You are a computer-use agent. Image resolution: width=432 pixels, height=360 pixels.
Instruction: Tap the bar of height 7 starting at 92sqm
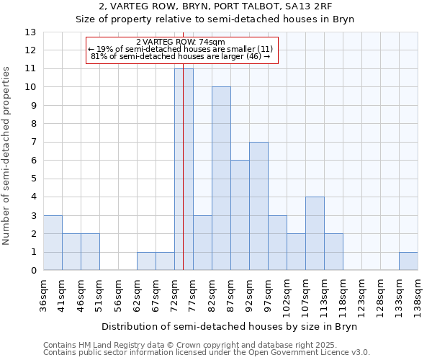[258, 206]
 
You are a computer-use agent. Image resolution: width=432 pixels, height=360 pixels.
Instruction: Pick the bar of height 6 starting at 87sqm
[240, 215]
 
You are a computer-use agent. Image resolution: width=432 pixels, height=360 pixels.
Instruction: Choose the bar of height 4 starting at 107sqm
[315, 233]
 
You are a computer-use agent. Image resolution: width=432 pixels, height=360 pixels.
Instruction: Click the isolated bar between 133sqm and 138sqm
[408, 261]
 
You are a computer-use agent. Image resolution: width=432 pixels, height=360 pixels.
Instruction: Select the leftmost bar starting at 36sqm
[53, 243]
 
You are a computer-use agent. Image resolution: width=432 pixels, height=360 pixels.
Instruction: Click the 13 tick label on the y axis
[30, 32]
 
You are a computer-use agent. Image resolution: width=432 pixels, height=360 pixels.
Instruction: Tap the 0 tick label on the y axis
[33, 271]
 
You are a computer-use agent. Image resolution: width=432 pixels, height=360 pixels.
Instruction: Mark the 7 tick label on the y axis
[33, 143]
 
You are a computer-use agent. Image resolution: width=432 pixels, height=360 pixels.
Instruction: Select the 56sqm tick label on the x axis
[118, 293]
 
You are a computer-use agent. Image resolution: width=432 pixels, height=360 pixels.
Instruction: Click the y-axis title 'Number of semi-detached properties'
[7, 156]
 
